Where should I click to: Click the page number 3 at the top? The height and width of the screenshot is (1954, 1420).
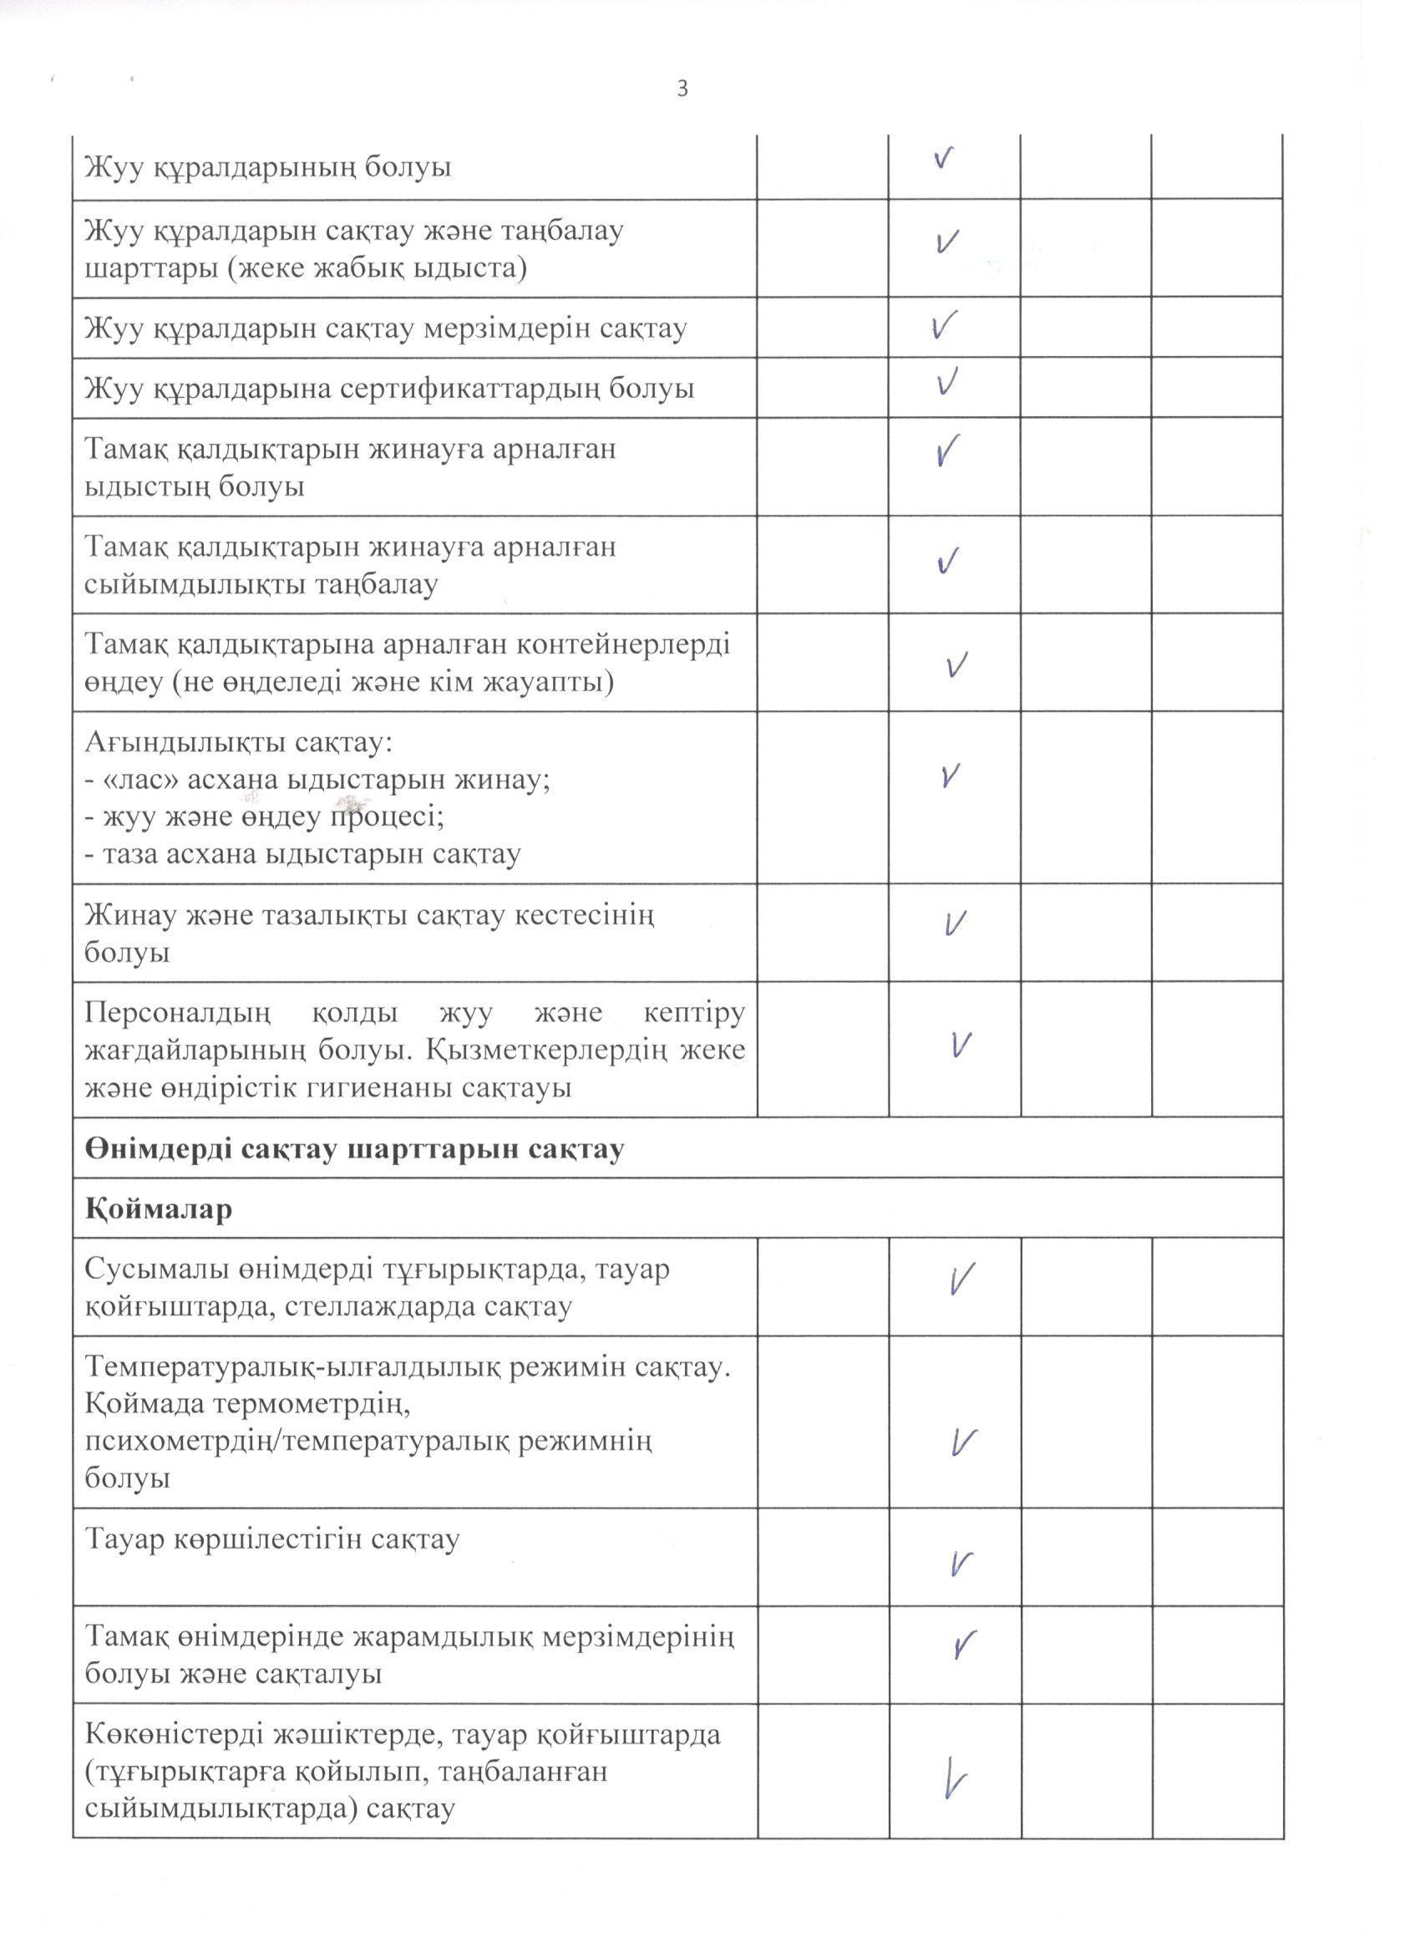point(682,89)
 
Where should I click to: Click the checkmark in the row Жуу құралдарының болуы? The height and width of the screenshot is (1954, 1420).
point(944,158)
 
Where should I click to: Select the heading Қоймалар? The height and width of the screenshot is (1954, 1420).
point(159,1209)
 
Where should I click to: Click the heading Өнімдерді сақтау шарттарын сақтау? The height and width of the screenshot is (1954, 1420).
point(355,1148)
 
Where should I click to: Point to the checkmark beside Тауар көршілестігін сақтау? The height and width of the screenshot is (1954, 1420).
point(961,1563)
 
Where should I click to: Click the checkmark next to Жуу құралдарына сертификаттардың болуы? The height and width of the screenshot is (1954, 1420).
point(947,382)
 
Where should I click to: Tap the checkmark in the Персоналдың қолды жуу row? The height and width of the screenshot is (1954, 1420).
point(961,1045)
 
